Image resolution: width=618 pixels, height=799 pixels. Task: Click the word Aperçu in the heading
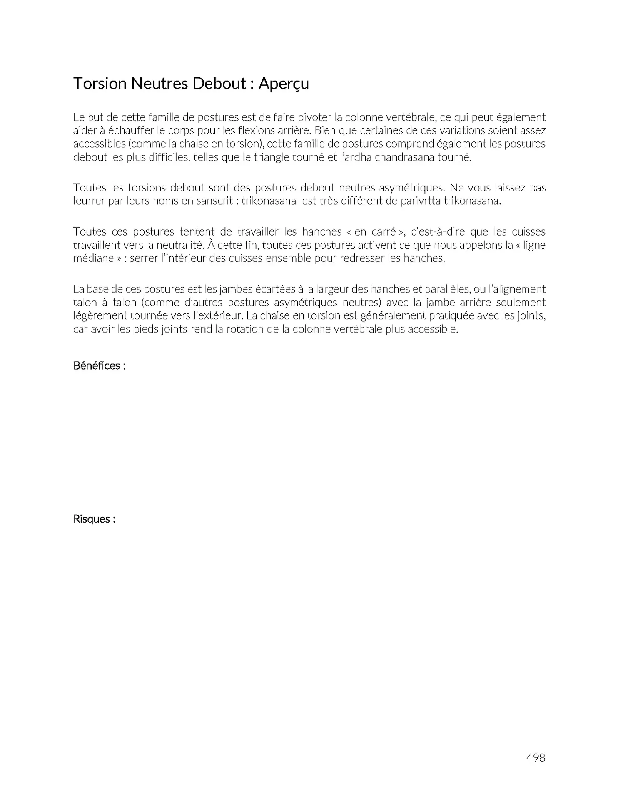point(284,84)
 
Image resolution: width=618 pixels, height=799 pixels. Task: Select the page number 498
point(536,757)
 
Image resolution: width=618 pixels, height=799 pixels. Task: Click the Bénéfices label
point(99,366)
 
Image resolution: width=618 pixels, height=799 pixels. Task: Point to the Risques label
point(94,519)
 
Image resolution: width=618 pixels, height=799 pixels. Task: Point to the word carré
point(384,232)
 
